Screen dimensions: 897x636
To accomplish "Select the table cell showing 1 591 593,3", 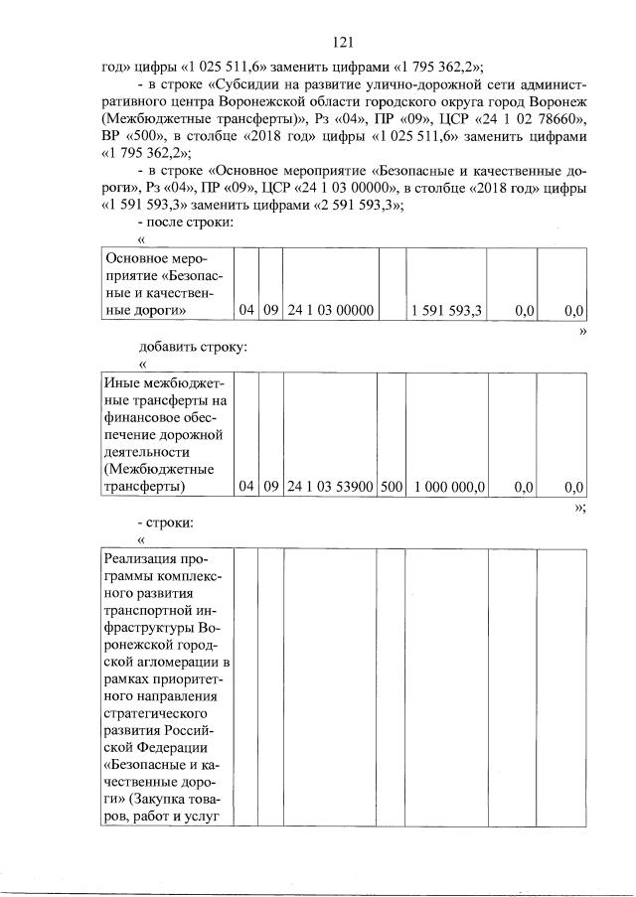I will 446,311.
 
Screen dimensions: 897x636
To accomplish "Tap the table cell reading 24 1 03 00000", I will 330,311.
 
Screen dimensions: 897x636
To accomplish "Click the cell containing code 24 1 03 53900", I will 330,487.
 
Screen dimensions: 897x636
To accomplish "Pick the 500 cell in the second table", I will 392,487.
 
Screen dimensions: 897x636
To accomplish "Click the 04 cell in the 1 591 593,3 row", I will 246,311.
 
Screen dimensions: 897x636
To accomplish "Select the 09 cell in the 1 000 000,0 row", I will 270,487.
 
